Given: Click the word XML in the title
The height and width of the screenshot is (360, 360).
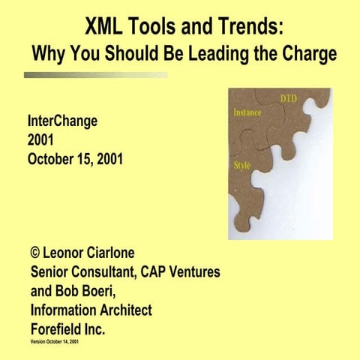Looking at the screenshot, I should [x=103, y=28].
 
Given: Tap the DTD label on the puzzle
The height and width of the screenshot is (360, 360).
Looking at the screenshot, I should [x=289, y=98].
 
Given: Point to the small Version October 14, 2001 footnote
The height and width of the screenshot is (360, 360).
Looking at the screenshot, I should [x=55, y=341].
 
